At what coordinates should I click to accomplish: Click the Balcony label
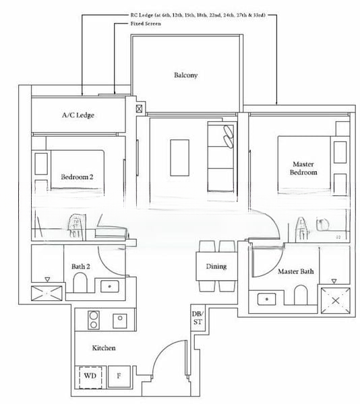[185, 75]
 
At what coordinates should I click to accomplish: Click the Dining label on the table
[216, 267]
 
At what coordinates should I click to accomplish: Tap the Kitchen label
[104, 348]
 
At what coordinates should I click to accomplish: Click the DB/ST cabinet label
[196, 318]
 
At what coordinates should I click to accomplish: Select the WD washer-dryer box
[89, 377]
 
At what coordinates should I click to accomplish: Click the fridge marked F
[119, 377]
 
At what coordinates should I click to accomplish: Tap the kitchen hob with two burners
[91, 318]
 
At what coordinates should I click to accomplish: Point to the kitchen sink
[120, 318]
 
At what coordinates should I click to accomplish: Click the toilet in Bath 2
[80, 283]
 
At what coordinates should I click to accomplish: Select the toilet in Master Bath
[301, 294]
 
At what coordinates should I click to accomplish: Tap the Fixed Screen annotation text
[146, 24]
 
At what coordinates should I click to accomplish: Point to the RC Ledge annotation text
[203, 13]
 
